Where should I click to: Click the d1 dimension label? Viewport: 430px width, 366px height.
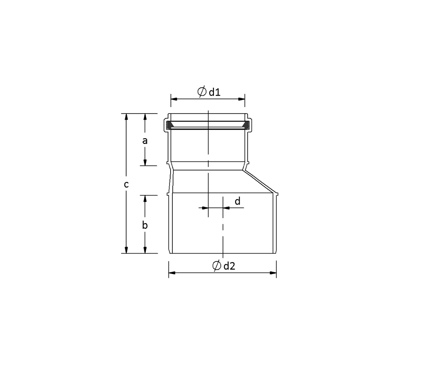point(215,92)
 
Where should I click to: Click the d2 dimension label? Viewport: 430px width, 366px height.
point(229,266)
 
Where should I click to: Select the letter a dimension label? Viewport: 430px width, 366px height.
point(145,141)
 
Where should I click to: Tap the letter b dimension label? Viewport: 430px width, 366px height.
point(145,225)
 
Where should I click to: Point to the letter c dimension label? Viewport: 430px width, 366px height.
point(126,184)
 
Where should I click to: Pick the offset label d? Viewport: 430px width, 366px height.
point(238,201)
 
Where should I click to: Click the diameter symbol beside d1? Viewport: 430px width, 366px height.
point(202,92)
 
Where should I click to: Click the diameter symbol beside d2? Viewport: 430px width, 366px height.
point(217,266)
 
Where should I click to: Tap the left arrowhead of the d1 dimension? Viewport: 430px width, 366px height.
point(174,99)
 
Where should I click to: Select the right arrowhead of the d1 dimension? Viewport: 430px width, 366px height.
point(242,99)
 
